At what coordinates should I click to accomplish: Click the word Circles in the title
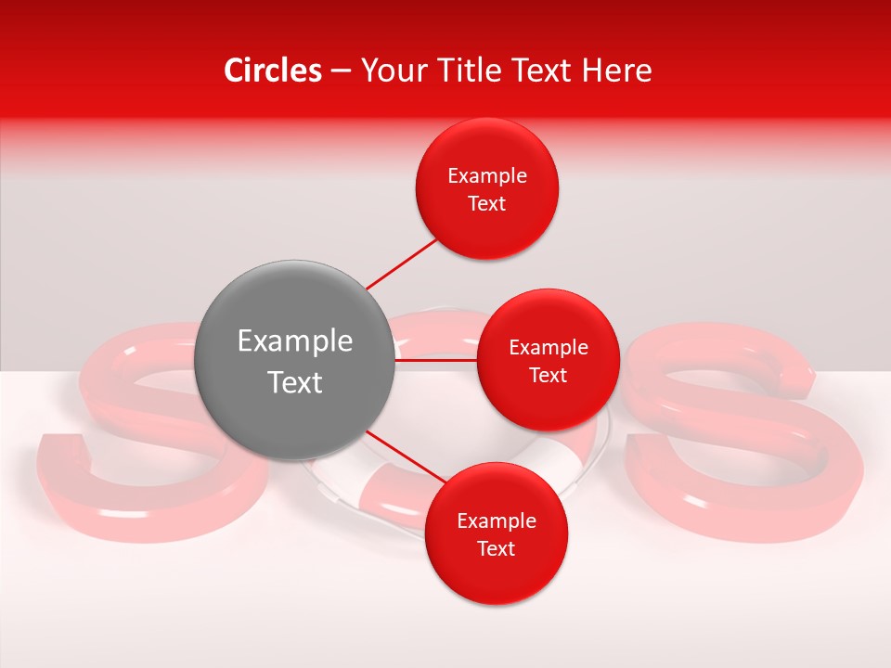272,71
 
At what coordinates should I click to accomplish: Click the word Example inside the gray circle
294,341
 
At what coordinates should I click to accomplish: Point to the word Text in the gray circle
294,382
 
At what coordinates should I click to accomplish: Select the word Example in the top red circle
486,176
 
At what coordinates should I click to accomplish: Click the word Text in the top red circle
486,204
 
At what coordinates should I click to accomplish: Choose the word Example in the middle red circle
548,348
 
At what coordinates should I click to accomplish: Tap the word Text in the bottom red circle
496,549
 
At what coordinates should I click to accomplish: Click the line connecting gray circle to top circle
401,264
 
